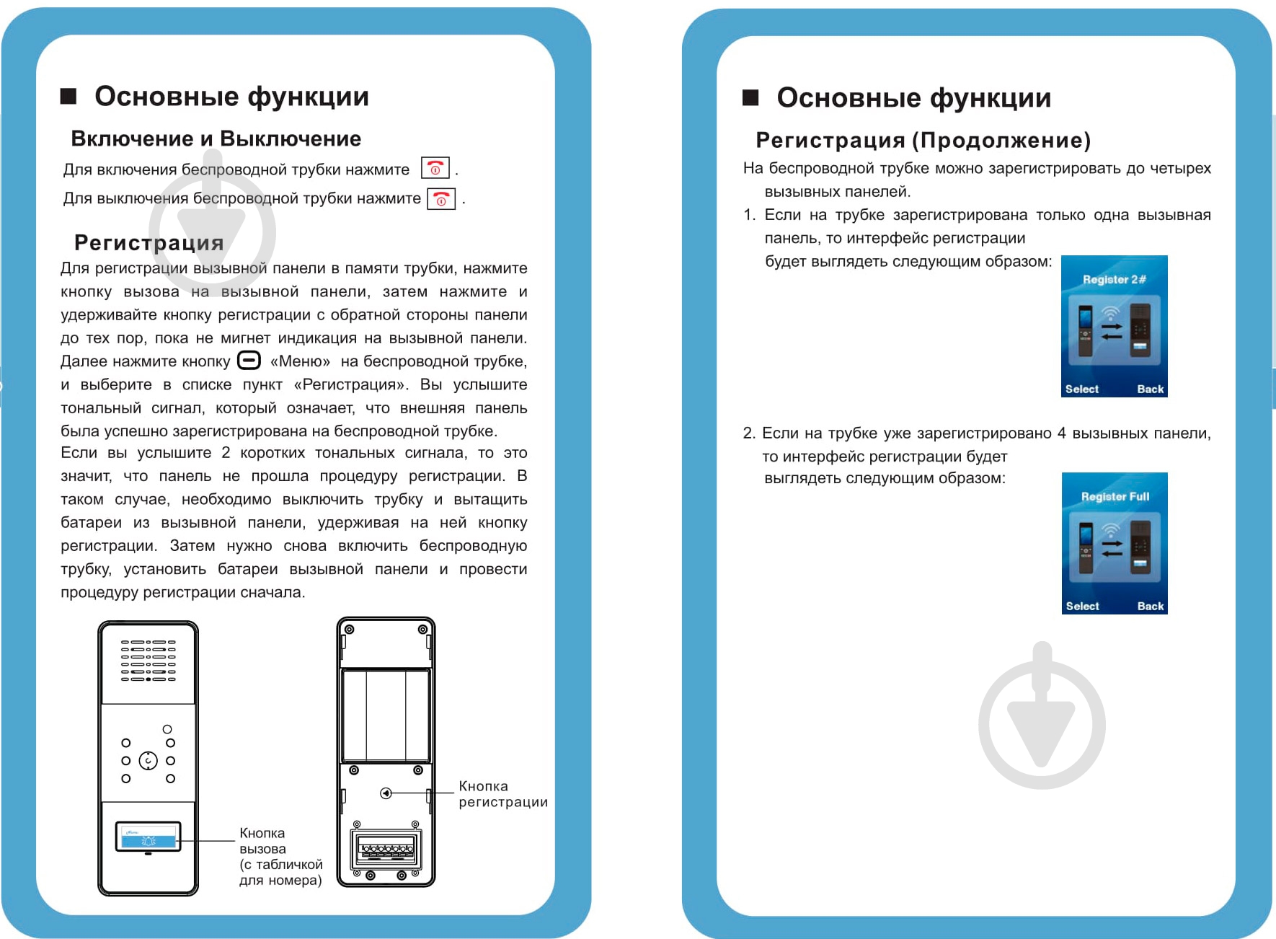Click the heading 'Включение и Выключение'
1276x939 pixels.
[216, 138]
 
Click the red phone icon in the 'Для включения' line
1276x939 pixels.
[435, 169]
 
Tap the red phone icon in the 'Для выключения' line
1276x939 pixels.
[441, 199]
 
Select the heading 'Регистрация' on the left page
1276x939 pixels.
[149, 242]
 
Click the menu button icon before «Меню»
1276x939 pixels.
[249, 360]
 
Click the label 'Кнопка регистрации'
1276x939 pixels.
[502, 794]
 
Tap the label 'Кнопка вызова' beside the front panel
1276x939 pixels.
[262, 841]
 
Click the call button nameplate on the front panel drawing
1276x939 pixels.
[148, 837]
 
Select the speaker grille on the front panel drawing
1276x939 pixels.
[149, 660]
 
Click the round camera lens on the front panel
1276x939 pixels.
[149, 761]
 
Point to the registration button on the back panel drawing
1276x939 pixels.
[386, 793]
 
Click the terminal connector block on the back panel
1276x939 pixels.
[386, 850]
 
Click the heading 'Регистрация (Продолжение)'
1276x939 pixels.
[923, 140]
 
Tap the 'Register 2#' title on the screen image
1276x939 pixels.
[1114, 280]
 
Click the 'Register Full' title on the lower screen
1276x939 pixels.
[1115, 497]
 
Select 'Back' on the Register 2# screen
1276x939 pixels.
[1150, 389]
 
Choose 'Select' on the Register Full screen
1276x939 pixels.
[1082, 607]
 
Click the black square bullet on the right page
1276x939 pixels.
[750, 98]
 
